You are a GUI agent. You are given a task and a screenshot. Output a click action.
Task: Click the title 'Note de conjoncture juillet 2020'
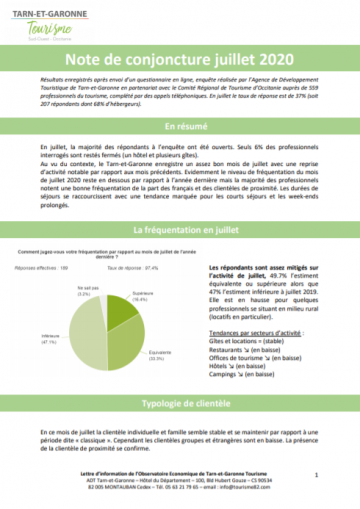pos(180,61)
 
